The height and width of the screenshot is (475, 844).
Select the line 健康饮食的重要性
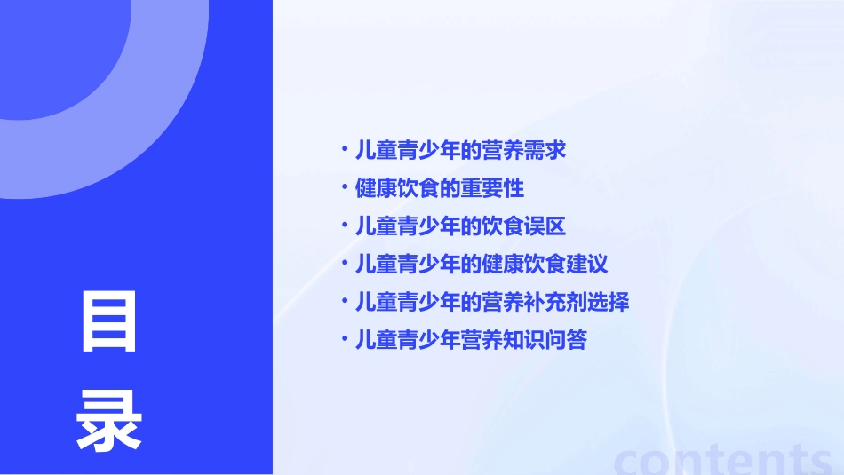click(439, 188)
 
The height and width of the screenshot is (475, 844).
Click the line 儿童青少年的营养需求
click(460, 150)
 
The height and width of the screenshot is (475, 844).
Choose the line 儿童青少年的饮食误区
click(460, 226)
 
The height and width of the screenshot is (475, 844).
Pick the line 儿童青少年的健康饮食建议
click(482, 264)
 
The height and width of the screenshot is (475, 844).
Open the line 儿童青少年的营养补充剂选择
click(492, 302)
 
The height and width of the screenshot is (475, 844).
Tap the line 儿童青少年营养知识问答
click(471, 340)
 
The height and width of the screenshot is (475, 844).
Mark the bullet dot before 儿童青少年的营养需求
click(344, 148)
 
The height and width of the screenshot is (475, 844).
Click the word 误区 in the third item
click(545, 226)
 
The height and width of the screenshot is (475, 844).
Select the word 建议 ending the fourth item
click(587, 264)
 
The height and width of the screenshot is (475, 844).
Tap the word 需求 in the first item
click(545, 150)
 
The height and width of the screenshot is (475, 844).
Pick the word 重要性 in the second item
click(492, 188)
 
